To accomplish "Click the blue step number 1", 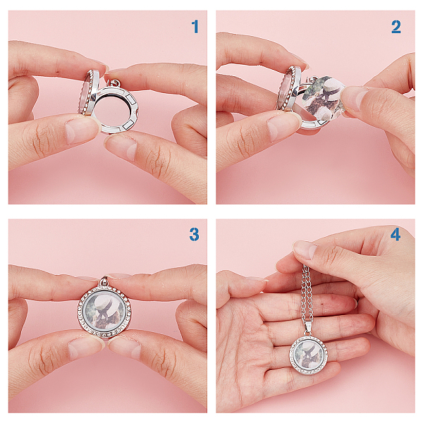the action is coord(195,27).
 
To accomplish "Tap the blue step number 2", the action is coord(396,27).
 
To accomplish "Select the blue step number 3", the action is coord(195,234).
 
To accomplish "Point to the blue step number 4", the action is coord(396,234).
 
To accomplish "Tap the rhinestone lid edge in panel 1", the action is coord(87,92).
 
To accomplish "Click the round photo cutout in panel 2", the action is coord(323,98).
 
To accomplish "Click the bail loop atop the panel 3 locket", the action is coord(104,281).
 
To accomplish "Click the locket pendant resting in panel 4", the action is coord(309,353).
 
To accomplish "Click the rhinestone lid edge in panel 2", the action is coord(286,89).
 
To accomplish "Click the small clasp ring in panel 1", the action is coord(116,84).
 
